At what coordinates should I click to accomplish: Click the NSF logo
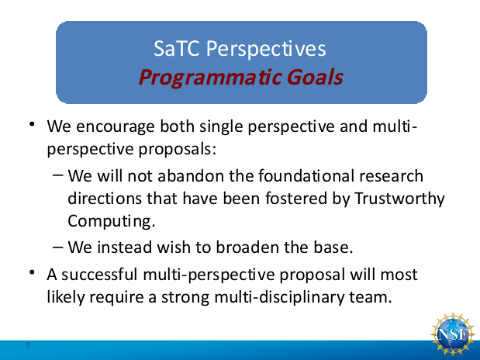453,334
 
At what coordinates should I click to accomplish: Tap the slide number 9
27,344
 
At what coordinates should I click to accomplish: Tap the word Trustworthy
399,199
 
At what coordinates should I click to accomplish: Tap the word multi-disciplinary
279,298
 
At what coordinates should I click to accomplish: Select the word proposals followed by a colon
178,150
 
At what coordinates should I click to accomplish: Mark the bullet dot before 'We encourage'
32,124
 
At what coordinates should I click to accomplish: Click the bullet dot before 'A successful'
32,272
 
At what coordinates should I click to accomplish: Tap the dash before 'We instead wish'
58,247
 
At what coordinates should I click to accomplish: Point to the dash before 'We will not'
58,175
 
